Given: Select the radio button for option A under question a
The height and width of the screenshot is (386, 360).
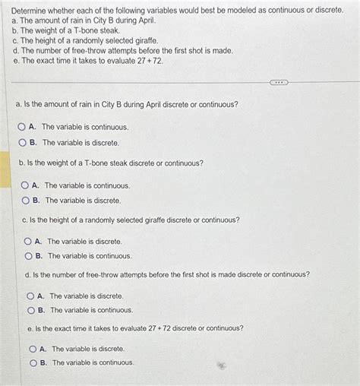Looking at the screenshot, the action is coord(22,127).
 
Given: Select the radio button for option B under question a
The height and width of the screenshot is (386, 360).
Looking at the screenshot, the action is coord(23,142).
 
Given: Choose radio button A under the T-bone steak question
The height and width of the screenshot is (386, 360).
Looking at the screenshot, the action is coord(25,185).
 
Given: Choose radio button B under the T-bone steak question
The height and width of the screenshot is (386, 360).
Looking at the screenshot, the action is coord(25,201).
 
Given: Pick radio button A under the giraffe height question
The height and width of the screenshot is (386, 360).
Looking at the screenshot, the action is coord(28,241).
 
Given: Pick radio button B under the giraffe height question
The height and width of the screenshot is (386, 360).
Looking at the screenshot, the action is coord(28,256).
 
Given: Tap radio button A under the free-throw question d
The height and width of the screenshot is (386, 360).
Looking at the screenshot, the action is coord(30,296).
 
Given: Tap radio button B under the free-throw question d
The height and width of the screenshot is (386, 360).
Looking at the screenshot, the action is coord(30,310).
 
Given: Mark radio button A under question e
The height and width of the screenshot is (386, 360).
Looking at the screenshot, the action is coord(33,349).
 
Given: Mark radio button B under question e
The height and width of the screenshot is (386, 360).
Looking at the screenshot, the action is coord(33,363).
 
